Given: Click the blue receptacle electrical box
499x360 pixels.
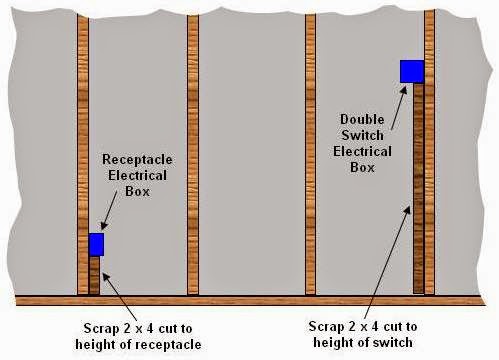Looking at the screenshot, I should click(96, 244).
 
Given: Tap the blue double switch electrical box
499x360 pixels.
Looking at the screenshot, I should click(411, 71).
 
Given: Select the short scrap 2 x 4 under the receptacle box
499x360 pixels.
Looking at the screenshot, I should click(95, 274).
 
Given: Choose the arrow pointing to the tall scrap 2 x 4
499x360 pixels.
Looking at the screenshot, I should click(386, 260).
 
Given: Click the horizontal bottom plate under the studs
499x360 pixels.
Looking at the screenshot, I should click(250, 299).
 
